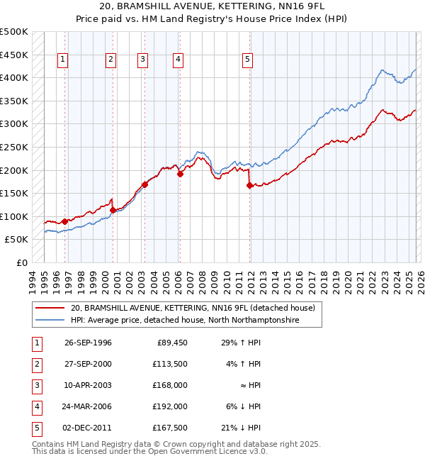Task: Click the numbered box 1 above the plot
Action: click(x=64, y=60)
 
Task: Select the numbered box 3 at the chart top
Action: click(x=143, y=60)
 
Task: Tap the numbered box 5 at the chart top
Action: click(x=247, y=60)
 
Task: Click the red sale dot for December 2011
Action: click(x=249, y=186)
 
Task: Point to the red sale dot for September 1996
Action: click(x=64, y=221)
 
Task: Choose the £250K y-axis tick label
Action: click(x=14, y=148)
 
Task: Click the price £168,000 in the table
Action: click(x=170, y=385)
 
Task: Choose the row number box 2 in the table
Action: click(x=35, y=364)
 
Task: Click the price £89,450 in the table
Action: click(x=171, y=343)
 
